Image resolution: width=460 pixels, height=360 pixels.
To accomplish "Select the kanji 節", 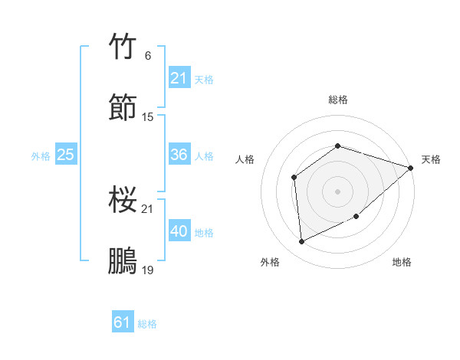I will click(123, 107).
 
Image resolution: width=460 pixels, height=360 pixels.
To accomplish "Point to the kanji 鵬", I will click(123, 260).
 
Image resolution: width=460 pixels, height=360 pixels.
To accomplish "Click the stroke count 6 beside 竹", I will click(148, 56).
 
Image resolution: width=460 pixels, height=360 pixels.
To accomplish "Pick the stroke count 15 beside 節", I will click(148, 116).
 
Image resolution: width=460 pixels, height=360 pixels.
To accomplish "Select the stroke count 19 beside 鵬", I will click(148, 270).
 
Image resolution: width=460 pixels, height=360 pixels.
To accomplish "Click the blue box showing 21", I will click(179, 78).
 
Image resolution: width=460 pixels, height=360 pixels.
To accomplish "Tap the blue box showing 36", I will click(179, 155).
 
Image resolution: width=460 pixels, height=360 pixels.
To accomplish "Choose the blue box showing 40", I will click(179, 231).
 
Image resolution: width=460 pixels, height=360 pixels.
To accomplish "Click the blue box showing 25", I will click(65, 155).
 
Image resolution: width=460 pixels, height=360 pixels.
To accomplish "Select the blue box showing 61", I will click(123, 322).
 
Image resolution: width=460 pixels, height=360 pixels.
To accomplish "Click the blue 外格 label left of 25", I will click(41, 155).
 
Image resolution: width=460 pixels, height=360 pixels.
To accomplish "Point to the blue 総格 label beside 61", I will click(147, 324).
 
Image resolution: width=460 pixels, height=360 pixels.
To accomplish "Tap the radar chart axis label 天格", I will click(431, 159).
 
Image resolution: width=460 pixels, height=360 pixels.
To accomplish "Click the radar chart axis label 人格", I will click(245, 159).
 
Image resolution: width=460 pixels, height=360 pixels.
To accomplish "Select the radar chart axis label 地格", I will click(402, 263).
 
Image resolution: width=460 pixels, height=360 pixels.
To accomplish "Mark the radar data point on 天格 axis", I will click(411, 167).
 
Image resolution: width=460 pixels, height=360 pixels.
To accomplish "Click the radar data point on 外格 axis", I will click(301, 241).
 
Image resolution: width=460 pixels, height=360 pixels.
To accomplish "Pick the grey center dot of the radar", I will click(337, 191).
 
